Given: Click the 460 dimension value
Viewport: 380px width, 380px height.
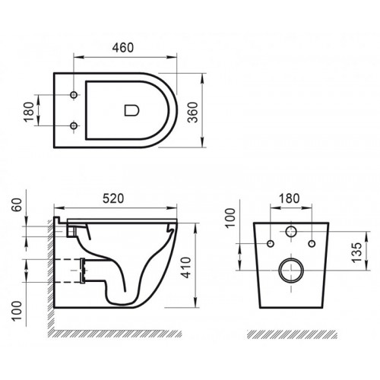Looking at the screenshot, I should coord(124,47).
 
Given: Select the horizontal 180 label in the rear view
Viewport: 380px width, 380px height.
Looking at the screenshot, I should coord(289,198).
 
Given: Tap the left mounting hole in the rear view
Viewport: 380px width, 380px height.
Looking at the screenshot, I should coord(270,244).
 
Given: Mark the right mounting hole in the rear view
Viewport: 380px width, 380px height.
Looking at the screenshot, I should coord(311,244).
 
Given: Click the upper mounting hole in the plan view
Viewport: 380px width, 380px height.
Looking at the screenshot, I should coord(74,95).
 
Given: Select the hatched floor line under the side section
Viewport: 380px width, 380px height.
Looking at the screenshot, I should coord(122,333).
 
